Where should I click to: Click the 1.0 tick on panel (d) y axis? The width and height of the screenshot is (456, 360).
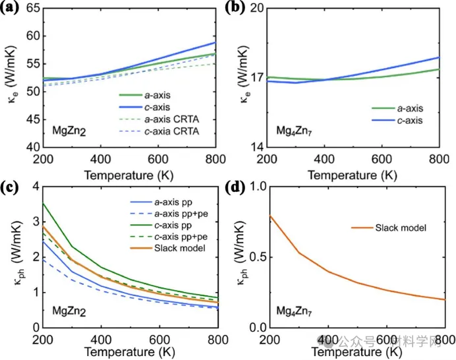(254, 187)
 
